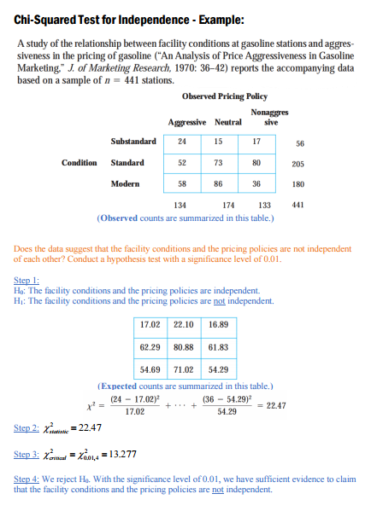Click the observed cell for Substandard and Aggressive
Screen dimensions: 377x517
coord(181,140)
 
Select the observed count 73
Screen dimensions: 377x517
coord(217,162)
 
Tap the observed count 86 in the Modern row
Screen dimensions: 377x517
coord(217,184)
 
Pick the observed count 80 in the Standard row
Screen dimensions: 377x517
coord(255,162)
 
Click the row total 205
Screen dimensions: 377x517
coord(298,163)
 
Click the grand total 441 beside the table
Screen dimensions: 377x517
coord(298,206)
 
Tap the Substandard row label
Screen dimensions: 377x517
coord(133,141)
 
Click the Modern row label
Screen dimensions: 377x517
coord(127,184)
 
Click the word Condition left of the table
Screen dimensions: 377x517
coord(80,162)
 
